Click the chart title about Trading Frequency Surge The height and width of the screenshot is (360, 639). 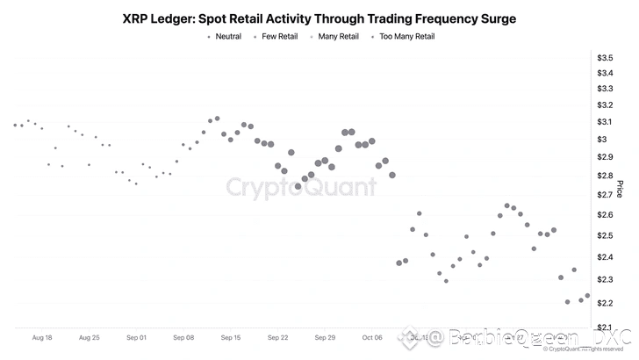(319, 18)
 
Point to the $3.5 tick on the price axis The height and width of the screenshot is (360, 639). (605, 58)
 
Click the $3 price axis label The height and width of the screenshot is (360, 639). (601, 140)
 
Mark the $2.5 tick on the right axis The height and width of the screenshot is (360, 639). (605, 236)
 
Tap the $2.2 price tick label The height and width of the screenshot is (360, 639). (605, 304)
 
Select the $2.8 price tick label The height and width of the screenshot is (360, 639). (605, 176)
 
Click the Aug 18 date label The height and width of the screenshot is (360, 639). (41, 337)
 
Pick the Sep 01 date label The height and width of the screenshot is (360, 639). (136, 337)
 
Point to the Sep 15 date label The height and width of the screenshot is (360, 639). (231, 337)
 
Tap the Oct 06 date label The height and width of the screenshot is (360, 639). (373, 337)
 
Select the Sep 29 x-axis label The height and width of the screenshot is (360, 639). (326, 337)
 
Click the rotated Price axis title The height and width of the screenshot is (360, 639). (621, 189)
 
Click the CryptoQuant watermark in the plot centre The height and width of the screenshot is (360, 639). (301, 187)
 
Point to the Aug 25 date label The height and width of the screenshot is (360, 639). (89, 337)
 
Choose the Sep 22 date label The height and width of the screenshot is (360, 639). (278, 337)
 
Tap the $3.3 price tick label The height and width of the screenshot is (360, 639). (605, 89)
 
